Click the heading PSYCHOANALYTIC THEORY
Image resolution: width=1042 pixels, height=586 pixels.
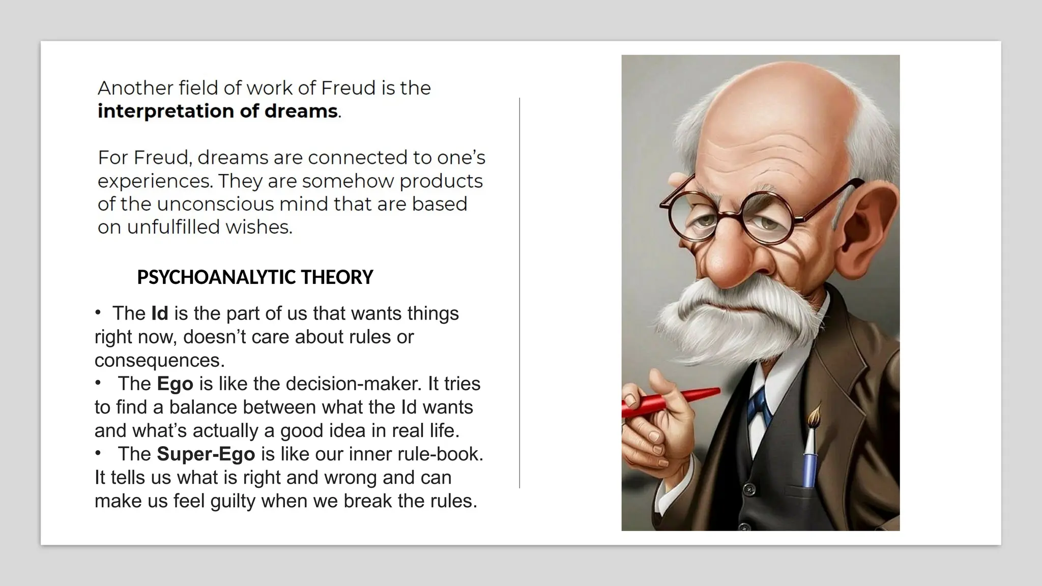[x=255, y=277]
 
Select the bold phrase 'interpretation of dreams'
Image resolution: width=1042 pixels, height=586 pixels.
[x=218, y=111]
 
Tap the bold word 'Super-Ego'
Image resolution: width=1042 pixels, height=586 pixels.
[x=206, y=454]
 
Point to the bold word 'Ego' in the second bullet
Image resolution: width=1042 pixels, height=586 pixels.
[x=175, y=384]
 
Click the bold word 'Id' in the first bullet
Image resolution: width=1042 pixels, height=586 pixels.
[x=160, y=313]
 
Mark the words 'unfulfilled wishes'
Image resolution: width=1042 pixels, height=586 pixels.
[x=209, y=227]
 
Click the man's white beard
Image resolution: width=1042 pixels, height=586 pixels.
[x=712, y=326]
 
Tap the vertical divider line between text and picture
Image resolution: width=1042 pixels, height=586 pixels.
[x=519, y=292]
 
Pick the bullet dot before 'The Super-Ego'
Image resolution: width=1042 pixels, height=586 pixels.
[x=98, y=453]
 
